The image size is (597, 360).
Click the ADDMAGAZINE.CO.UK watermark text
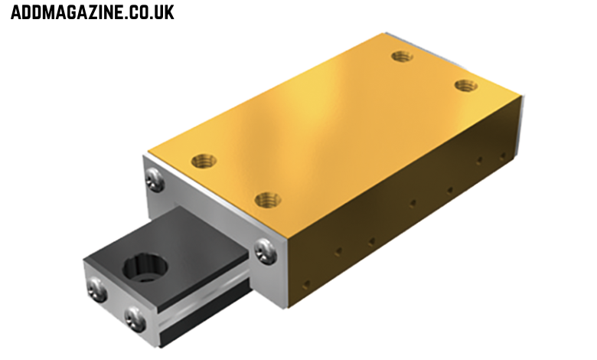pos(92,12)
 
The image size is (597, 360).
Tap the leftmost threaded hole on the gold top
pos(204,161)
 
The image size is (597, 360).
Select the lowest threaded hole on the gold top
pos(267,200)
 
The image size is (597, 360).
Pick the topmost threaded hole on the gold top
pos(402,56)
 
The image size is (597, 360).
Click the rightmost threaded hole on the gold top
pos(465,85)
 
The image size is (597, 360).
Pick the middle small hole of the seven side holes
pos(413,204)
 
